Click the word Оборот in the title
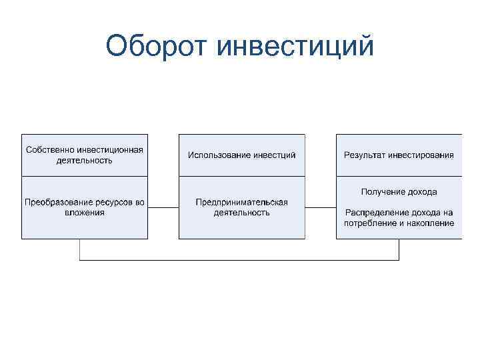[157, 47]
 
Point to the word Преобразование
[60, 202]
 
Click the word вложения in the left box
[85, 213]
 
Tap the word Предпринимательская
[242, 202]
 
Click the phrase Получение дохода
[399, 192]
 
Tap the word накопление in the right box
[433, 223]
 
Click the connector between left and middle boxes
[163, 208]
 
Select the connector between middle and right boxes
[321, 208]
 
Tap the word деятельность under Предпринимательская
[242, 213]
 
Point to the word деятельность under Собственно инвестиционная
[85, 160]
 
